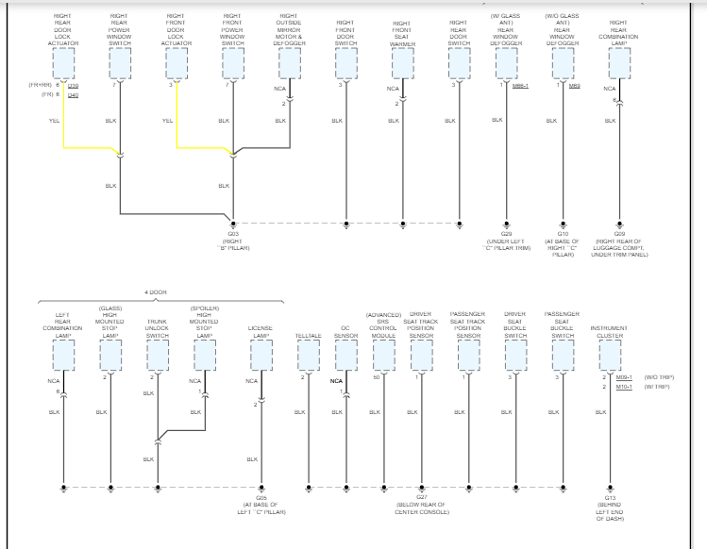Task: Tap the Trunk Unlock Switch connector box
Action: [157, 356]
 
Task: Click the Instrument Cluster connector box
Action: [609, 356]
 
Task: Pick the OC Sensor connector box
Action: [345, 356]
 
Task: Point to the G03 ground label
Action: [233, 233]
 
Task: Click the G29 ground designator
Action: [506, 233]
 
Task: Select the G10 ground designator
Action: [563, 233]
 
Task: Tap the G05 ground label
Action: [261, 497]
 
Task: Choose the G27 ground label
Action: [421, 497]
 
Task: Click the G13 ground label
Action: [610, 497]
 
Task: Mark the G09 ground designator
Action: [620, 233]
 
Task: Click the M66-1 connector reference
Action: [520, 86]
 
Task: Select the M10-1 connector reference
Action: [624, 387]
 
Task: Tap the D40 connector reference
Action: [74, 95]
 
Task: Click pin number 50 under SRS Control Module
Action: [376, 377]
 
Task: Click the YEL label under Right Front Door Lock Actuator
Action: [168, 121]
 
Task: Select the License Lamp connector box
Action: [261, 356]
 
